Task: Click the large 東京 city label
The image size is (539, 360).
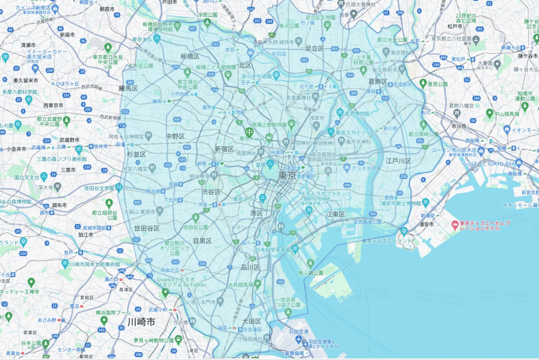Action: tap(287, 176)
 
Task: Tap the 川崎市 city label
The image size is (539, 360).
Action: tap(141, 322)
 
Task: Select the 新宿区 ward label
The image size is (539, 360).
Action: tap(224, 149)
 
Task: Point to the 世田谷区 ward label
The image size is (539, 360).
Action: tap(147, 228)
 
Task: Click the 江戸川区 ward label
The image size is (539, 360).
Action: tap(398, 161)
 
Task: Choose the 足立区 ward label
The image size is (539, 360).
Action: tap(314, 49)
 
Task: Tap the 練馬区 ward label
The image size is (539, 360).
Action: tap(128, 88)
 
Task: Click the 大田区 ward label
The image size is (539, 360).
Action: tap(252, 321)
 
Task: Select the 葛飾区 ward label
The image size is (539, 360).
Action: tap(378, 82)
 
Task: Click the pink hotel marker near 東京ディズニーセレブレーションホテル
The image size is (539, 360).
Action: tap(455, 225)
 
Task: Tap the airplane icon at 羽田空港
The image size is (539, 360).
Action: tap(298, 339)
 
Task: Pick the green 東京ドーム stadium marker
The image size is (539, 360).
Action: tap(249, 132)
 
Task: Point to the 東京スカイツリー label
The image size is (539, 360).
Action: tap(356, 133)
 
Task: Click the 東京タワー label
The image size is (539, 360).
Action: tap(245, 199)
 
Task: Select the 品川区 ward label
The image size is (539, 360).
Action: tap(250, 267)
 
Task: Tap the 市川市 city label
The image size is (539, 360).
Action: tap(459, 126)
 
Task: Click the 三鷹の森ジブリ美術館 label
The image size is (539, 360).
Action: tap(62, 159)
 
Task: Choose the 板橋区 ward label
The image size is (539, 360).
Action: tap(190, 56)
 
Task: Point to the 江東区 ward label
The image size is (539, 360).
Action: tap(335, 214)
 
